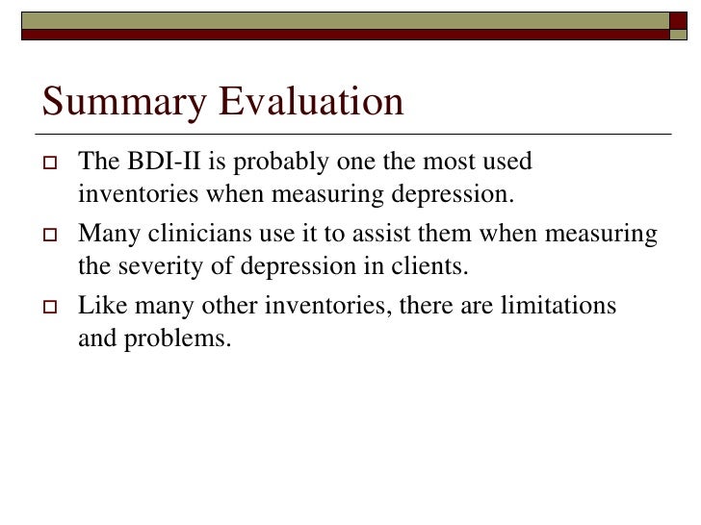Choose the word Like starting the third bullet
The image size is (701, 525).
[99, 306]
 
